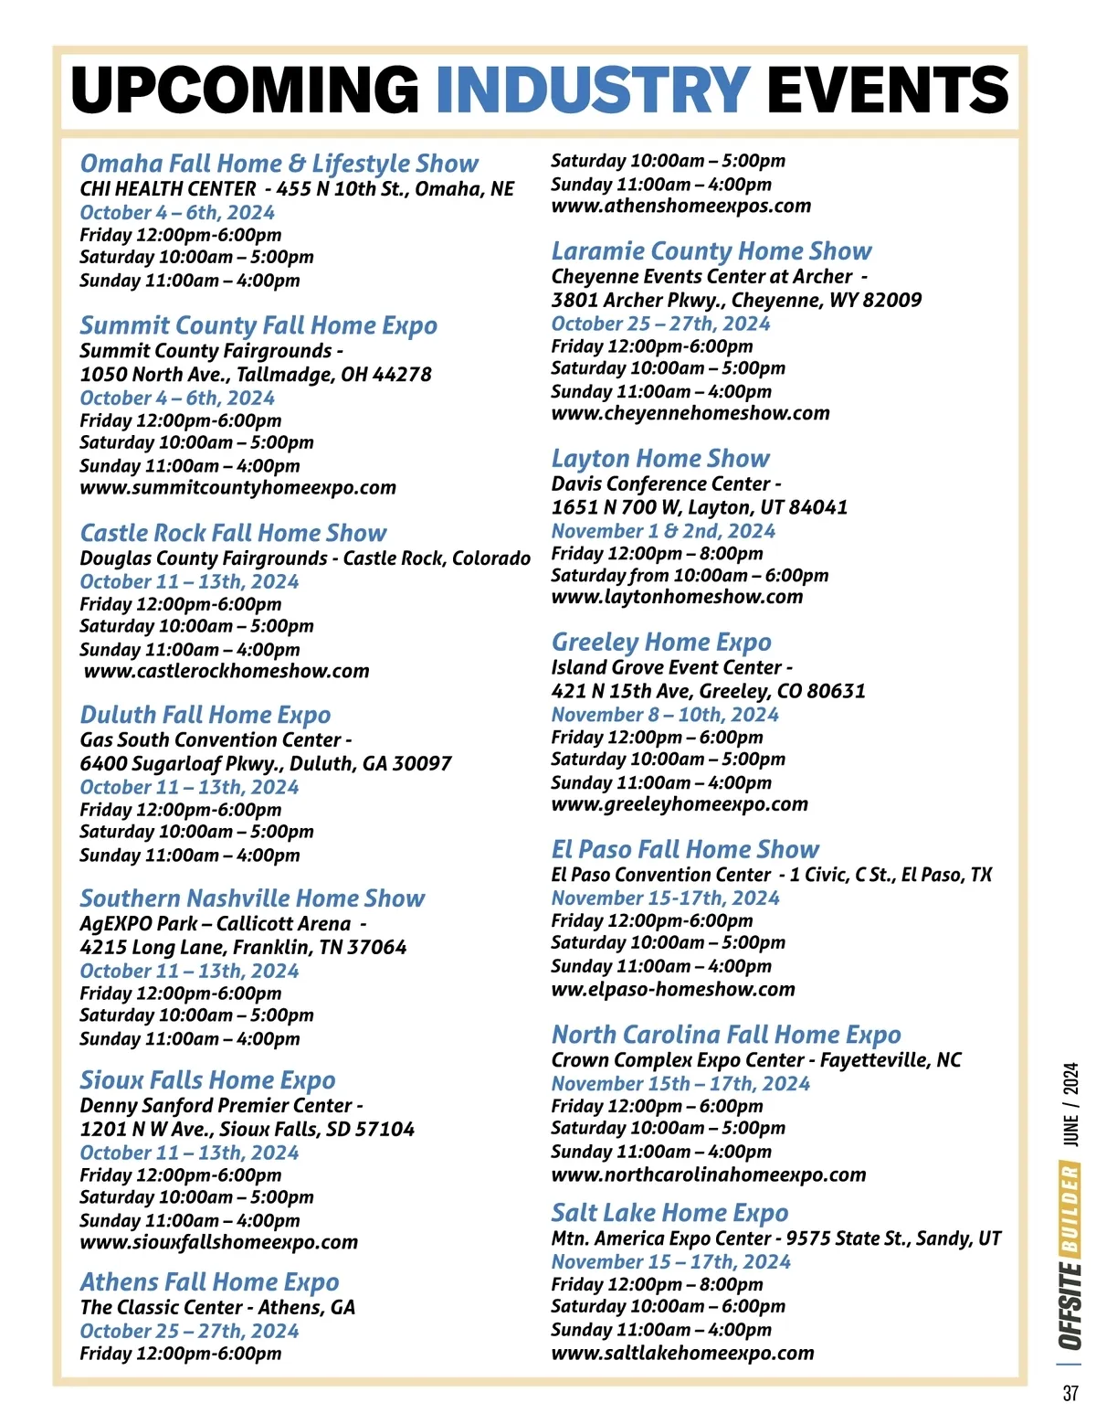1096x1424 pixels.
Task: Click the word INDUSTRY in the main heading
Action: (x=593, y=90)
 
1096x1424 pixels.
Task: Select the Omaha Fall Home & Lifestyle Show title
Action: (x=279, y=164)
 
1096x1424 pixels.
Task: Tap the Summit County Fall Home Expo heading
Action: (x=258, y=325)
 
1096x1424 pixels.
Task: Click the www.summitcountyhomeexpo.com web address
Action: (x=237, y=488)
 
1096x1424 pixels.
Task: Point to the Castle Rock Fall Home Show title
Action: (x=233, y=533)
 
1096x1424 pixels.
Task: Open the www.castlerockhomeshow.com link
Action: (x=227, y=672)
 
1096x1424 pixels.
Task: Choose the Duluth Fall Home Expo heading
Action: (x=205, y=715)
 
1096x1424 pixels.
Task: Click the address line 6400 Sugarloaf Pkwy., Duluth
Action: (x=266, y=764)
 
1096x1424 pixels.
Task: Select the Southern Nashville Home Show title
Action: (x=252, y=898)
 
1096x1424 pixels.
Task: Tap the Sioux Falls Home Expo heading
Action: (x=207, y=1080)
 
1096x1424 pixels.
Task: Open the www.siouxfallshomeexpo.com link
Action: (x=218, y=1243)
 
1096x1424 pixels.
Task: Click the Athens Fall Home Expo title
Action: (x=209, y=1282)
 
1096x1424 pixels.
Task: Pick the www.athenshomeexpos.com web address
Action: (x=680, y=207)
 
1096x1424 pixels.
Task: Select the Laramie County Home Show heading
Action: (x=711, y=251)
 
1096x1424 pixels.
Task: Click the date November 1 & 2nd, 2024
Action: (x=663, y=531)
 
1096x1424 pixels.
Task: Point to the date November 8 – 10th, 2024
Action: (x=665, y=715)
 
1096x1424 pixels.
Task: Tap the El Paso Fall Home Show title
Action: (x=685, y=850)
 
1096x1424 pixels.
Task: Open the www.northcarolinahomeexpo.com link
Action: (x=709, y=1175)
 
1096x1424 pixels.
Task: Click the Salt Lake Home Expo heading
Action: (x=669, y=1213)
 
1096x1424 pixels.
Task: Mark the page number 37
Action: (x=1070, y=1394)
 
